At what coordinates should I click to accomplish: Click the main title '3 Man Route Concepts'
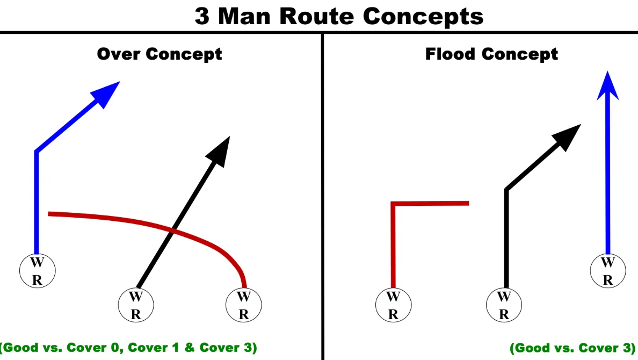338,16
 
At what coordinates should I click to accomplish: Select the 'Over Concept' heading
160,54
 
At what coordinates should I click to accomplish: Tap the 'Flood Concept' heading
491,54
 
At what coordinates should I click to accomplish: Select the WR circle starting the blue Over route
37,271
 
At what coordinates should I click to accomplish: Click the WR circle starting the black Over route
136,305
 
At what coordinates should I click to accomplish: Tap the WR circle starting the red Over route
243,305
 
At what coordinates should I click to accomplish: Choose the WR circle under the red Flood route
393,305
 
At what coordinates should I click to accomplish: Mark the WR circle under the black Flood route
504,305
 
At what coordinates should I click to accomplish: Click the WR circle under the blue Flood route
607,271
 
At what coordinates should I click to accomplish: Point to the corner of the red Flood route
393,204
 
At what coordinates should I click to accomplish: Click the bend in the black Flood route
506,189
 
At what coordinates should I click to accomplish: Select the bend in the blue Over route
37,152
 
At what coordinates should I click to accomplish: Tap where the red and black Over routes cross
173,231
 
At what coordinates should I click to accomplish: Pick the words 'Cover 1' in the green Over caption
159,348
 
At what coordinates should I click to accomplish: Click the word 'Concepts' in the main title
423,16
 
